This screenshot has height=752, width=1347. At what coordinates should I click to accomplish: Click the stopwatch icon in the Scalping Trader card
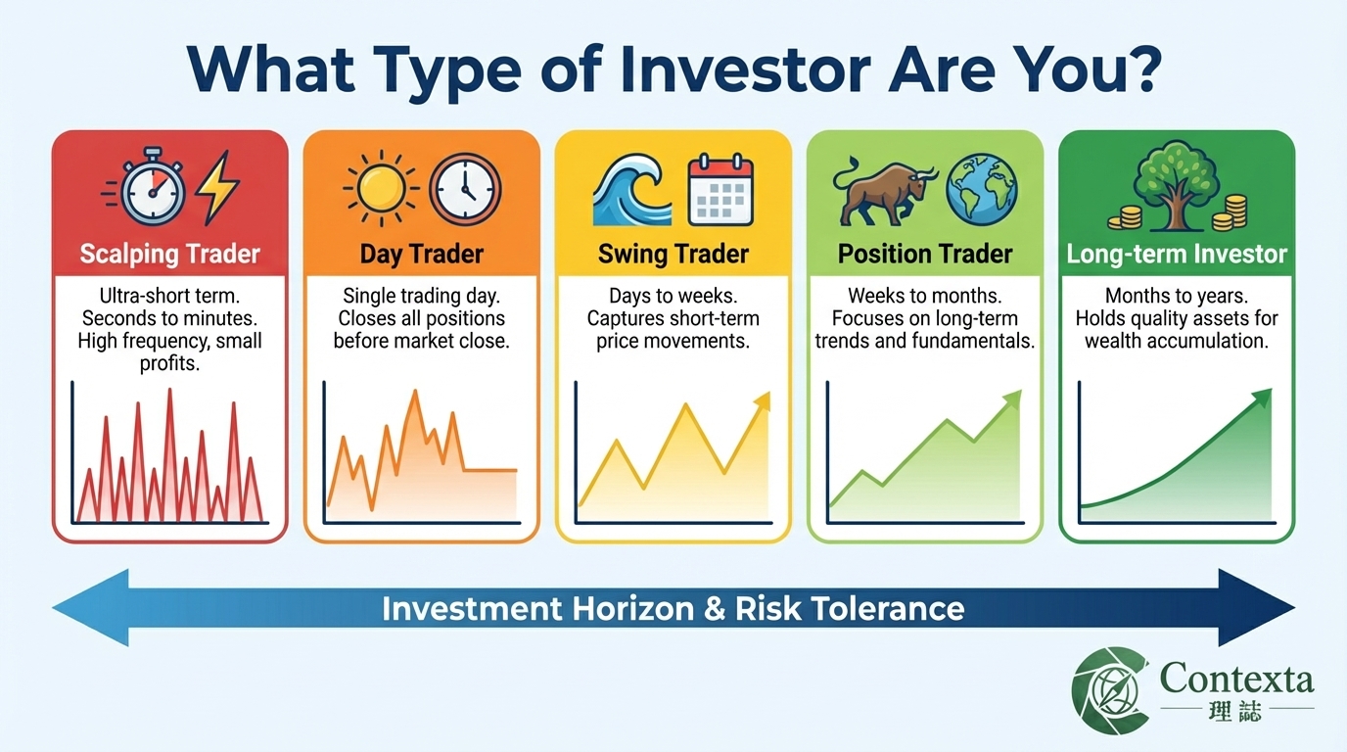pyautogui.click(x=151, y=188)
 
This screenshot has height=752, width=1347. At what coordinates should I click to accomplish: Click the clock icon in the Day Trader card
pyautogui.click(x=465, y=188)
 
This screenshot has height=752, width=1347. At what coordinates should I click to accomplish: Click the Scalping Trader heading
pyautogui.click(x=169, y=255)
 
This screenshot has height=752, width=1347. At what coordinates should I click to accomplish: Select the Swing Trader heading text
pyautogui.click(x=673, y=255)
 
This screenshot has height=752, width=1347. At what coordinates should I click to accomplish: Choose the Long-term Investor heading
pyautogui.click(x=1177, y=255)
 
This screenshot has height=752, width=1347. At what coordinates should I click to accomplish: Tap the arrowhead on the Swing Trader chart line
pyautogui.click(x=762, y=400)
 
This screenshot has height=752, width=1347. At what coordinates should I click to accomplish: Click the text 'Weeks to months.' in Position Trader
pyautogui.click(x=925, y=296)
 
